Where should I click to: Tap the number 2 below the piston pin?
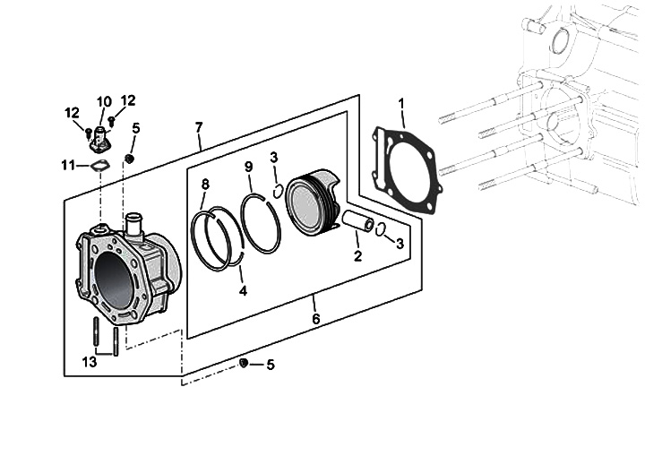click(357, 256)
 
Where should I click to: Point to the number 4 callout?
click(243, 290)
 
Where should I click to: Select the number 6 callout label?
click(315, 319)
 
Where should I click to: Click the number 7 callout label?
click(199, 128)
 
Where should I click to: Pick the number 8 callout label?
click(205, 185)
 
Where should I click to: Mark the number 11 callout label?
click(68, 164)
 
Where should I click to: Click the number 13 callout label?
click(88, 361)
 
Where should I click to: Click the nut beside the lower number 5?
click(242, 363)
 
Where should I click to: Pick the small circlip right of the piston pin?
click(381, 228)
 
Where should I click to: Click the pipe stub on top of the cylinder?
click(135, 223)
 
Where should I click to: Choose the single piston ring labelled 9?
click(260, 224)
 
